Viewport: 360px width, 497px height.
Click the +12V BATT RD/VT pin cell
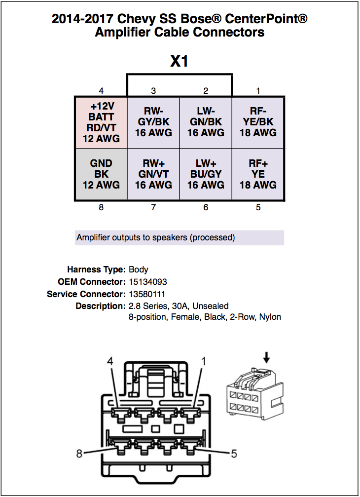(101, 122)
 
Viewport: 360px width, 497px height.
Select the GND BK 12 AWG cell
(101, 174)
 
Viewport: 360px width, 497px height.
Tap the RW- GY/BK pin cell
(153, 122)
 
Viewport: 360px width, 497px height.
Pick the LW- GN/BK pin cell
(206, 122)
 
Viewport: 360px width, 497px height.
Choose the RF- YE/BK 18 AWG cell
(258, 122)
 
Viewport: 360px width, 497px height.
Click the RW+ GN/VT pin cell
(153, 174)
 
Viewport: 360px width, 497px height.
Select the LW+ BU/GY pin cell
(206, 174)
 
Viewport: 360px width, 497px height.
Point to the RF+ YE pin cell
(258, 174)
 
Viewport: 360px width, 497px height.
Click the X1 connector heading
(179, 61)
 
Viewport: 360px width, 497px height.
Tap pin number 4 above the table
(101, 91)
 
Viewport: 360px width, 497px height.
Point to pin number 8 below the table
(101, 208)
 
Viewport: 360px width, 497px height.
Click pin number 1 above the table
(258, 91)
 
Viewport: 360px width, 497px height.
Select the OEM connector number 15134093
(147, 282)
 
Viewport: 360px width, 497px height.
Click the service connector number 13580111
(147, 294)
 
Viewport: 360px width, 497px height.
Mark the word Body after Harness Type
(139, 270)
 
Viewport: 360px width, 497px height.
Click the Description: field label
(101, 306)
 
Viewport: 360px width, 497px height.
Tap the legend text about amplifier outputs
(156, 238)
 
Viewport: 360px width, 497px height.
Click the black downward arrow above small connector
(267, 357)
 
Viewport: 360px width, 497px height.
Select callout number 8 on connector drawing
(79, 453)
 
